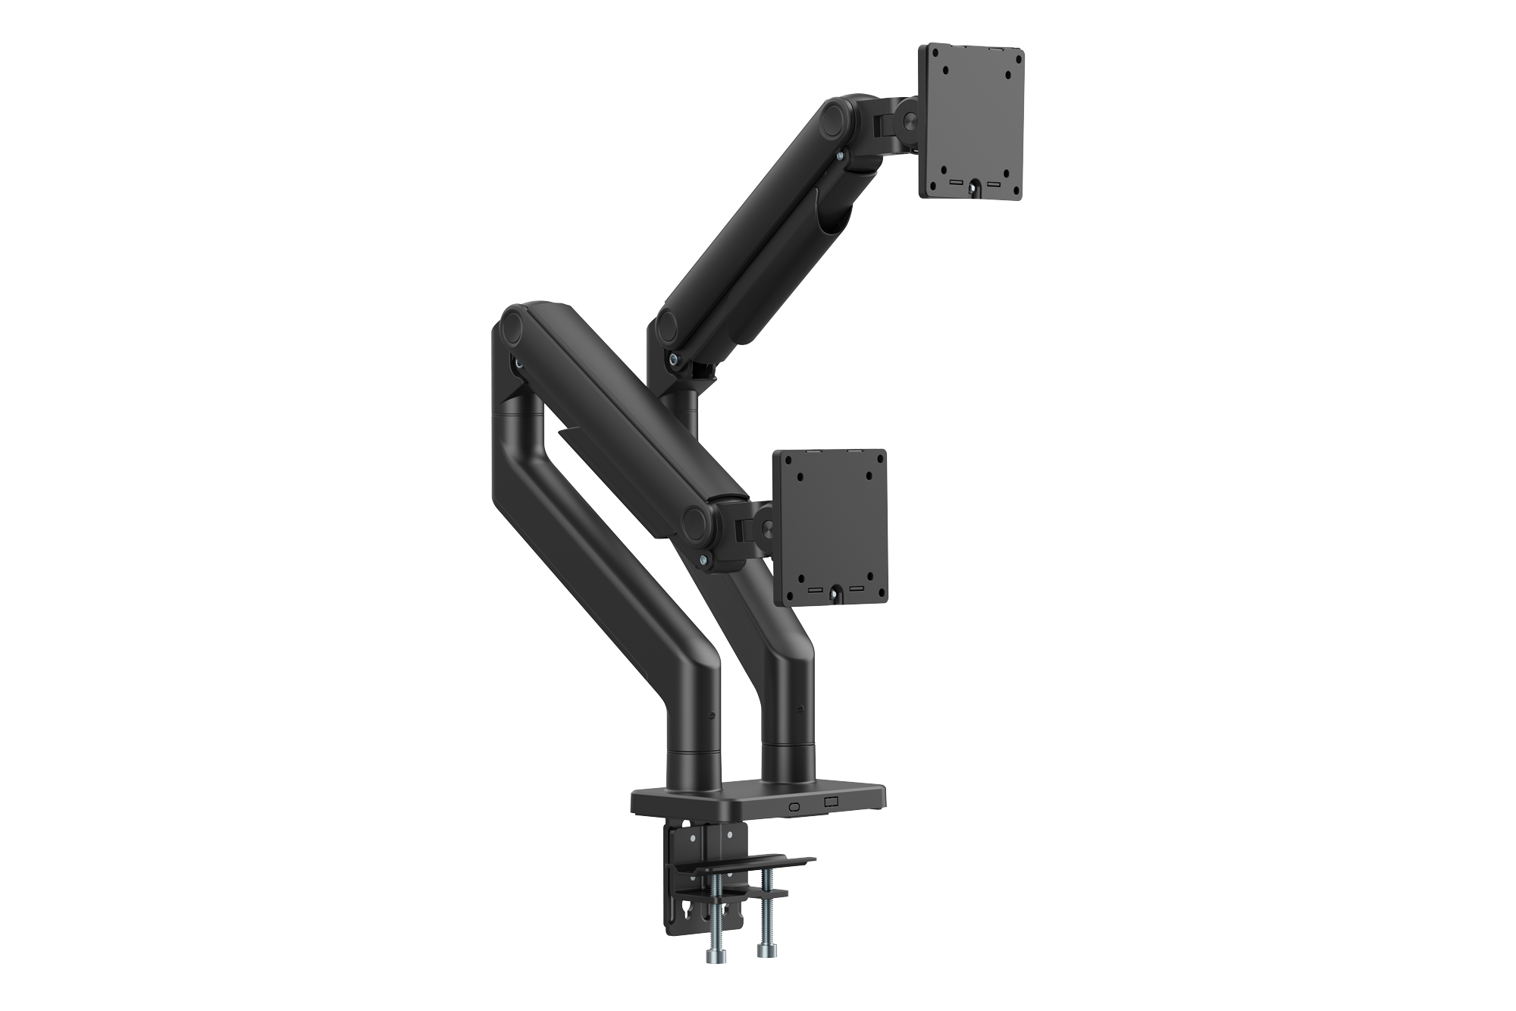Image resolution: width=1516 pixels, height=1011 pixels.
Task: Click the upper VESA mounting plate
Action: pos(972,121)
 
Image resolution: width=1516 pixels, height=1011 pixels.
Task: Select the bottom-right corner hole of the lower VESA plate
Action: pos(871,574)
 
